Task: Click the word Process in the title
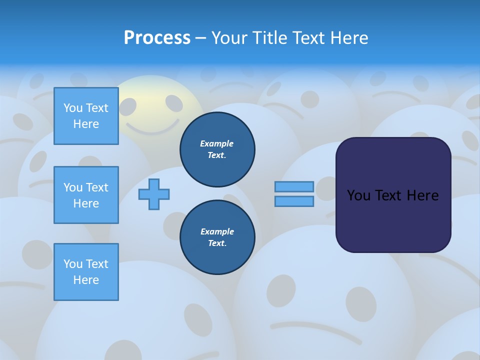[157, 38]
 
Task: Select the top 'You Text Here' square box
[86, 116]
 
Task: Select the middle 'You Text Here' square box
[86, 195]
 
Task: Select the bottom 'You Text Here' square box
[86, 272]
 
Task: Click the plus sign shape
[154, 194]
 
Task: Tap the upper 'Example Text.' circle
[217, 149]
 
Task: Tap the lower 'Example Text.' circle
[217, 237]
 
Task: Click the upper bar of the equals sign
[294, 186]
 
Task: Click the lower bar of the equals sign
[294, 201]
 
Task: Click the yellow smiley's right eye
[174, 103]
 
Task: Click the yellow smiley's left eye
[128, 106]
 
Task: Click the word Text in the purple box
[389, 195]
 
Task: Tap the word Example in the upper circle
[216, 143]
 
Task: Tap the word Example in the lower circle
[217, 231]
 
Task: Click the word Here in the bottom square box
[86, 280]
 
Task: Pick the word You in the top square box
[73, 108]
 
